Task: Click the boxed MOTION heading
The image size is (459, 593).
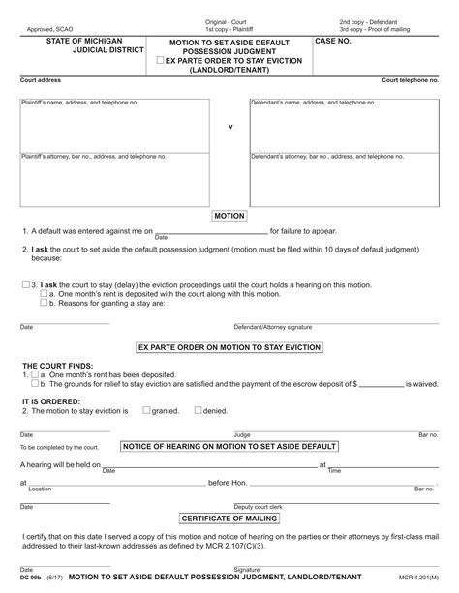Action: (229, 216)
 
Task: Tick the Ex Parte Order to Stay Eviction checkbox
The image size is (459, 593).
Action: (161, 61)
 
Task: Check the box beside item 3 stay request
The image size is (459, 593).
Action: (25, 285)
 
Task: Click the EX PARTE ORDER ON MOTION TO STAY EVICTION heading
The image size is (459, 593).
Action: (229, 347)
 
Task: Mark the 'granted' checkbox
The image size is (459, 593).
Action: (146, 410)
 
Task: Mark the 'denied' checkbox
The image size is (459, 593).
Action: (198, 410)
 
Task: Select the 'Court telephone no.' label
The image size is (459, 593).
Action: (410, 80)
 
